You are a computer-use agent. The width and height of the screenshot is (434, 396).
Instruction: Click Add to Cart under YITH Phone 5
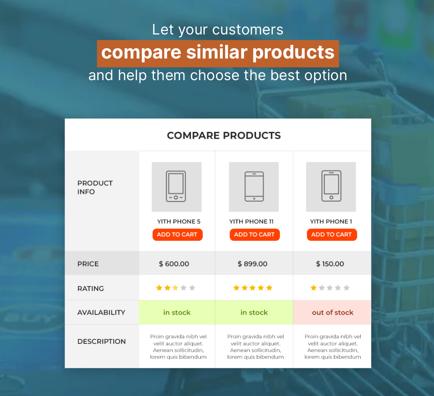178,234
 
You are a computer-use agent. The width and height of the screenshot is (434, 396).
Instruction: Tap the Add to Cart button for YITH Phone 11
254,234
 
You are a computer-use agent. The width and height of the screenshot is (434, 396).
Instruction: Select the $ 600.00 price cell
174,264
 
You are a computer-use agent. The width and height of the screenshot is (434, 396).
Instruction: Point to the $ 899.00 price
252,264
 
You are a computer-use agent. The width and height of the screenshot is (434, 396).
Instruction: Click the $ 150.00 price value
330,264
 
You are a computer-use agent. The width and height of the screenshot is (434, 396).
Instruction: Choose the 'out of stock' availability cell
333,312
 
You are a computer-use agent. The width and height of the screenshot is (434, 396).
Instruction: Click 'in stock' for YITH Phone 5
177,312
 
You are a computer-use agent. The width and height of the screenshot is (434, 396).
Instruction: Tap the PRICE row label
88,264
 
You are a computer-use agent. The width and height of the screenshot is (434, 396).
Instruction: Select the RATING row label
91,289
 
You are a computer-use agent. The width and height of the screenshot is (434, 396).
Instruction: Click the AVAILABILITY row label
101,312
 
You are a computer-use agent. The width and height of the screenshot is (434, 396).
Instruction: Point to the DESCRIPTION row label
101,341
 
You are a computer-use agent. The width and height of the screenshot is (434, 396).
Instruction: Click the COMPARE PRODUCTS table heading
224,135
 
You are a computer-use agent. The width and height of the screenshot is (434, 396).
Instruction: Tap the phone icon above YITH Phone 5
176,186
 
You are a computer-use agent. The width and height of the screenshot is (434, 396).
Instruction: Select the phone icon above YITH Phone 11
254,186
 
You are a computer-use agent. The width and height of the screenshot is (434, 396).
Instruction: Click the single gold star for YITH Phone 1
314,288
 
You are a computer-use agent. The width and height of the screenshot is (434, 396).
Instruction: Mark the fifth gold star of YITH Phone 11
269,288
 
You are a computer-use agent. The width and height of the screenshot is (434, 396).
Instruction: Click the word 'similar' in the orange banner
216,52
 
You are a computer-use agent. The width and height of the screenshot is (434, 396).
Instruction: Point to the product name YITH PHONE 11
251,222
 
